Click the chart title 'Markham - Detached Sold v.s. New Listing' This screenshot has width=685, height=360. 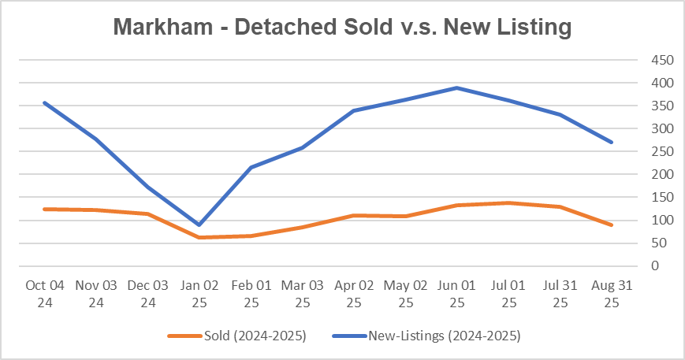click(342, 27)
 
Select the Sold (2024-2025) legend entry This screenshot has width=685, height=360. click(236, 336)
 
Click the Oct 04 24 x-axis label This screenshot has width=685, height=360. click(45, 292)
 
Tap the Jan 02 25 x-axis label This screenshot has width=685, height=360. click(199, 292)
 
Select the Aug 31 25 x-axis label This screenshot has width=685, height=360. click(612, 292)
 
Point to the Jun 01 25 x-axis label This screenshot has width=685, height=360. click(457, 292)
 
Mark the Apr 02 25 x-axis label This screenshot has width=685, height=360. click(354, 292)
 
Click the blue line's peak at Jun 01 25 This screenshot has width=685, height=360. click(457, 87)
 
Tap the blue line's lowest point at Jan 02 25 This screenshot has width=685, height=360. click(199, 225)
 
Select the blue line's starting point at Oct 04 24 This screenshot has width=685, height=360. click(45, 102)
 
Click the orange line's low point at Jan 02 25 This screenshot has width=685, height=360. click(199, 237)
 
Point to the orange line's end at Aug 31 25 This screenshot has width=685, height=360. click(612, 225)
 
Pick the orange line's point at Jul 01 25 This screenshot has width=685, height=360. click(508, 202)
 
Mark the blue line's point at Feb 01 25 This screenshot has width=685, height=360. click(251, 167)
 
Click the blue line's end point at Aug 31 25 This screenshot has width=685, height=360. click(612, 143)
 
